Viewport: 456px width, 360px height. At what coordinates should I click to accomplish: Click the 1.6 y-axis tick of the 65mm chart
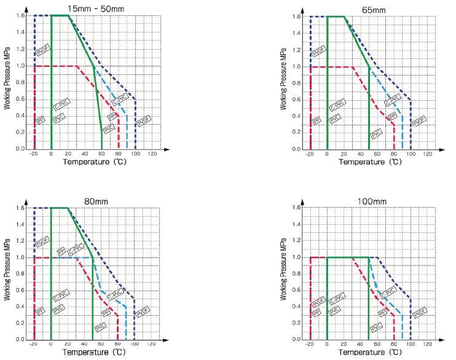tap(297, 17)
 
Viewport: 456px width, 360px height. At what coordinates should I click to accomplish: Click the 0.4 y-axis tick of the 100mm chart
tap(297, 306)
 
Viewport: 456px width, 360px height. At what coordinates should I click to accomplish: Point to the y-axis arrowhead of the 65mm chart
tap(302, 11)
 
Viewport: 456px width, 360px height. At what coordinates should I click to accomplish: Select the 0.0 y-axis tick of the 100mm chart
tap(297, 339)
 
